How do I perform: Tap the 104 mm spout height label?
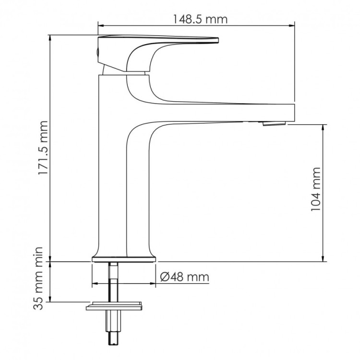[315, 190]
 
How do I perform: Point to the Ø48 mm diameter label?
[184, 277]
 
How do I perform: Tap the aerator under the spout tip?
[274, 124]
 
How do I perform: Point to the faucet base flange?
[124, 260]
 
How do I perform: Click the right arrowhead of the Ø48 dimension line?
[154, 284]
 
